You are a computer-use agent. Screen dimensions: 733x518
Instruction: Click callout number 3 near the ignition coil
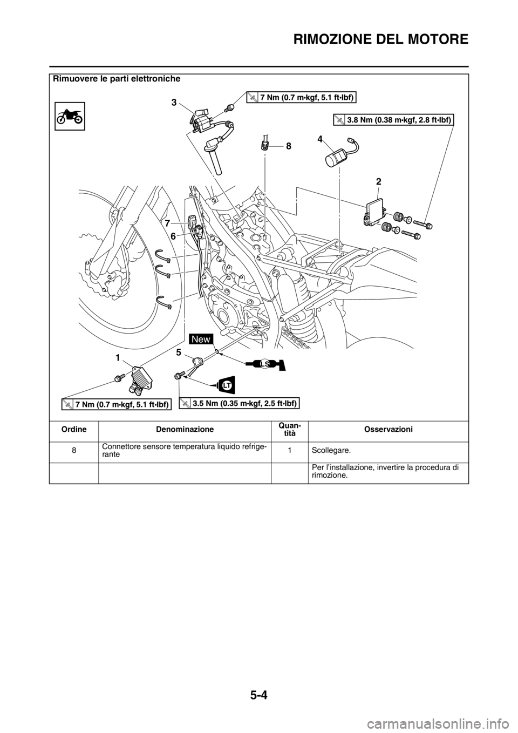[175, 101]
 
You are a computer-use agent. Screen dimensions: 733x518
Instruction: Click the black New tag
[203, 339]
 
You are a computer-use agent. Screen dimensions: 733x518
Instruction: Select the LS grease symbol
[265, 365]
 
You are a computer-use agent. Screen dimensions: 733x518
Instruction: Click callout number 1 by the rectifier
[117, 357]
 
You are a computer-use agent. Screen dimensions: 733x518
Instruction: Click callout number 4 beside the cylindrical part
[320, 139]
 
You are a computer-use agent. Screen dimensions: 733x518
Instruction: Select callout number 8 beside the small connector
[289, 146]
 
